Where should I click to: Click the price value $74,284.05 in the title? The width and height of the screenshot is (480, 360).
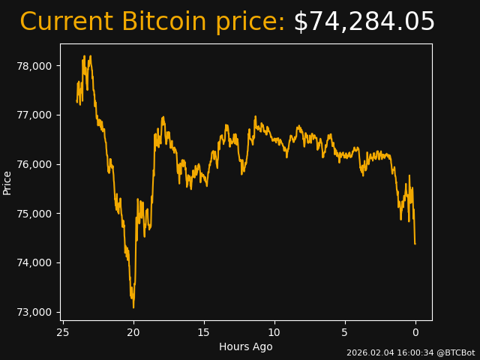364,22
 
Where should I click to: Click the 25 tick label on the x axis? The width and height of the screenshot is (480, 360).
63,332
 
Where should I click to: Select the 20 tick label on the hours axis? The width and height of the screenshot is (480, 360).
133,332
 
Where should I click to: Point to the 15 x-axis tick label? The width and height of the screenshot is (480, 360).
204,332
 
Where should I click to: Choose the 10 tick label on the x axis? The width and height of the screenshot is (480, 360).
274,332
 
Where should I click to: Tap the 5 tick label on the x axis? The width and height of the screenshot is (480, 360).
345,332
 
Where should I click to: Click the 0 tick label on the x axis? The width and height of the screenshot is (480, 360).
415,332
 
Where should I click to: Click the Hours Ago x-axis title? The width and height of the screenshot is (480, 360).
246,346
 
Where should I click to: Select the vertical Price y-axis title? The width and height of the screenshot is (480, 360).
7,182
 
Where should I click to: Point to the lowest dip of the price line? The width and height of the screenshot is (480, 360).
133,307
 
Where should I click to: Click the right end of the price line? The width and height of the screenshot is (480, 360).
415,244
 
